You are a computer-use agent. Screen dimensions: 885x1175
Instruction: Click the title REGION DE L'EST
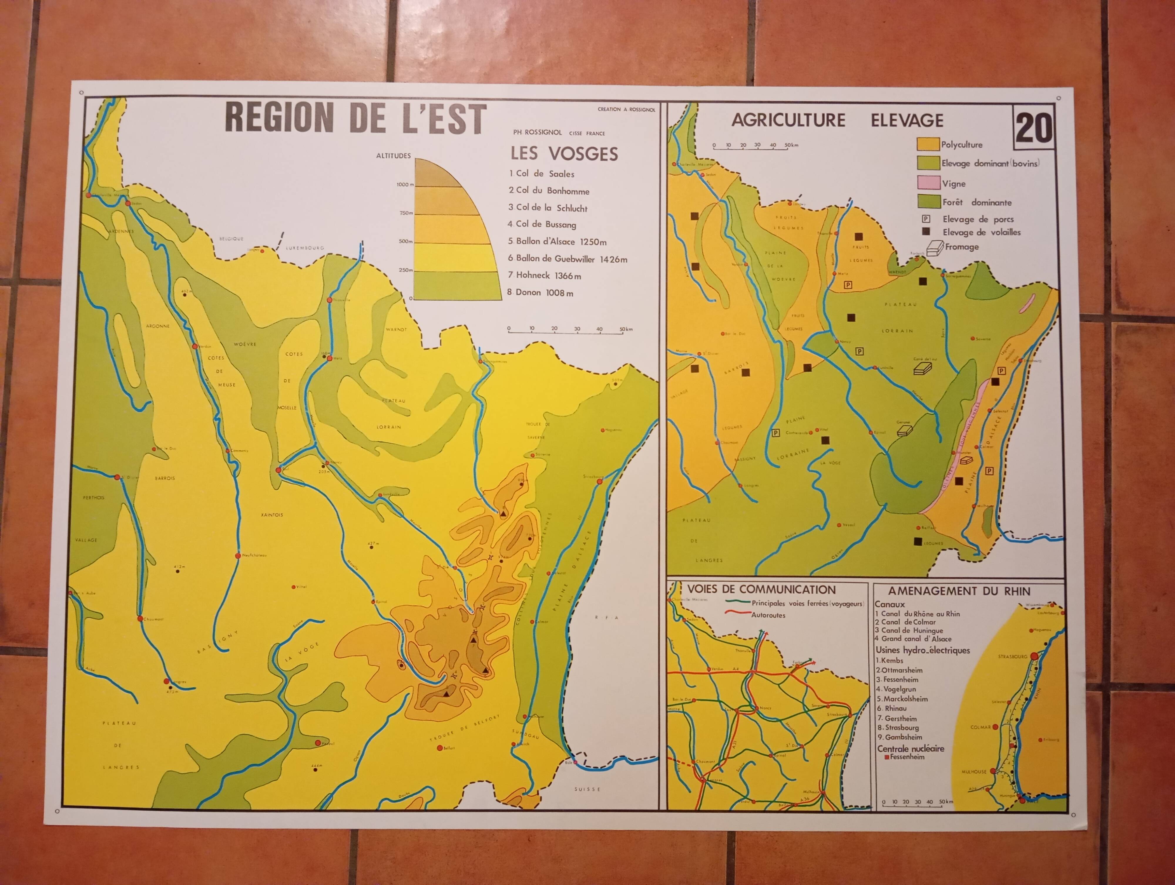point(355,118)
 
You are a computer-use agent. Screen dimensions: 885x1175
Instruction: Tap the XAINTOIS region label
point(272,515)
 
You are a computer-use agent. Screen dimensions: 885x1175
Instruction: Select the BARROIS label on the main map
point(165,478)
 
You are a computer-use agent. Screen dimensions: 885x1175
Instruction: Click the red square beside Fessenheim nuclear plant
point(887,756)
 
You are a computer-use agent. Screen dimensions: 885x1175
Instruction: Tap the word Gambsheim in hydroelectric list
point(904,737)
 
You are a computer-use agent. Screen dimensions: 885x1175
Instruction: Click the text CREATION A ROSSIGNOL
point(626,109)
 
